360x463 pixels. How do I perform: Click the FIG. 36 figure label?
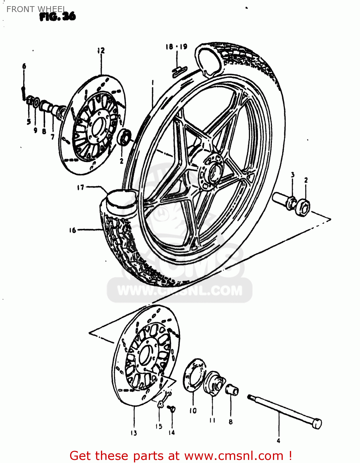pos(58,17)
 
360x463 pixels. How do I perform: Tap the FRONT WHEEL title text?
pos(36,9)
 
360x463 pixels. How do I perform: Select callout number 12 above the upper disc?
pos(101,51)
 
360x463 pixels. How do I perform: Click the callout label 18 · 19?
pos(177,47)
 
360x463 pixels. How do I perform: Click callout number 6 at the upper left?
pos(24,66)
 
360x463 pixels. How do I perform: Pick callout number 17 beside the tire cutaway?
pos(81,187)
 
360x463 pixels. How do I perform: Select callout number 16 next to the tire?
pos(73,230)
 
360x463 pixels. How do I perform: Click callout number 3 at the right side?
pos(293,175)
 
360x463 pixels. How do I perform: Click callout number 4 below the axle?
pos(278,440)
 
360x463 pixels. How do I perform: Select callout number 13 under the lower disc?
pos(134,433)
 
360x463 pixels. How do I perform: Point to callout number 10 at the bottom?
pos(193,411)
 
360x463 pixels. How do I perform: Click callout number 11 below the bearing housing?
pos(212,420)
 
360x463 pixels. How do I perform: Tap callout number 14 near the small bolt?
pos(172,432)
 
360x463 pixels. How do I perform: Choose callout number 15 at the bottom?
pos(159,426)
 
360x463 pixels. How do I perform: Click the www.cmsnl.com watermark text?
pos(180,291)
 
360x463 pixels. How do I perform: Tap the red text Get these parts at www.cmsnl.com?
pos(181,456)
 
